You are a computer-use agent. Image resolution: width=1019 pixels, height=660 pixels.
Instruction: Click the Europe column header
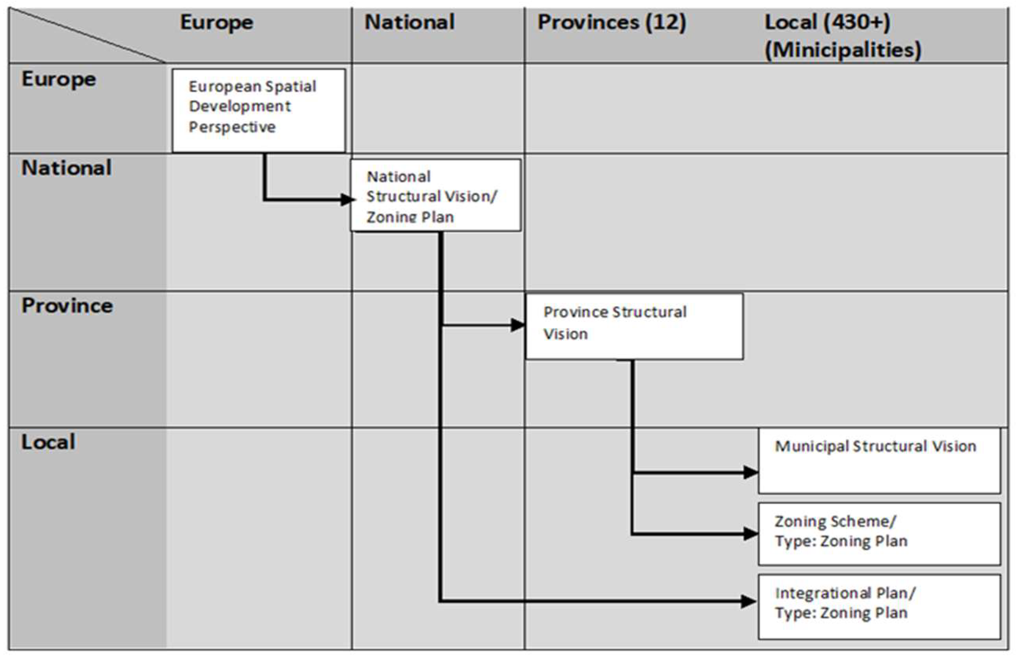(216, 22)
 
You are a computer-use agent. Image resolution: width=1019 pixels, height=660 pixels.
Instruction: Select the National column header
(409, 22)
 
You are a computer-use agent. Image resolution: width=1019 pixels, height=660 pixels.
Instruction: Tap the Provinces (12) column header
(612, 22)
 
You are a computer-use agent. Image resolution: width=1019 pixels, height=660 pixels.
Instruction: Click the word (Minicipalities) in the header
(843, 50)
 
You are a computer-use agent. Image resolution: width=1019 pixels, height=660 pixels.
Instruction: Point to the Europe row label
(59, 79)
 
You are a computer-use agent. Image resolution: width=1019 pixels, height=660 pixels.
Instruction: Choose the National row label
(66, 167)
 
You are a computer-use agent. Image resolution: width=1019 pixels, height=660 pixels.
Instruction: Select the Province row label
(67, 305)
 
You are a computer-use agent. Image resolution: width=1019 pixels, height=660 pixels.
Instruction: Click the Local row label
(48, 442)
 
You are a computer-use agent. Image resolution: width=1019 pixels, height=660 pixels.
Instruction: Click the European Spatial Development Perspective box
(259, 110)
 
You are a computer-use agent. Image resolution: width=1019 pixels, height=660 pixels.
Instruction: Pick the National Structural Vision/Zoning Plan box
(435, 196)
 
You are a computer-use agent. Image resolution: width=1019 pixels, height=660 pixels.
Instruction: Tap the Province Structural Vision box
(634, 326)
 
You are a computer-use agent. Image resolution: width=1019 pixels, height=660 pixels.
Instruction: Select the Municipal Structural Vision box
(879, 461)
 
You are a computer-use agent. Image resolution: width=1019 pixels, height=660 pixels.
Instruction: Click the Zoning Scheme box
(879, 533)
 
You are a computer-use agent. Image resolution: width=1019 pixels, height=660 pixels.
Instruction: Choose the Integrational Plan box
(879, 607)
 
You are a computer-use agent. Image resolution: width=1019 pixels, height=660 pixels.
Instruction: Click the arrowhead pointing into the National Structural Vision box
(347, 200)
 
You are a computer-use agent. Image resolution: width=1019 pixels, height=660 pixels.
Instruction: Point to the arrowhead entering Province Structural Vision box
(518, 325)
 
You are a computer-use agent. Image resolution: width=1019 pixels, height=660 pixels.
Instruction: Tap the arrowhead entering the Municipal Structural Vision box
(751, 472)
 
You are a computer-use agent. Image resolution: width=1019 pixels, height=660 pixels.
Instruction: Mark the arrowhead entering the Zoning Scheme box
(751, 533)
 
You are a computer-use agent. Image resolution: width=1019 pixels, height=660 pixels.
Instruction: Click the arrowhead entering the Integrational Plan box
(748, 601)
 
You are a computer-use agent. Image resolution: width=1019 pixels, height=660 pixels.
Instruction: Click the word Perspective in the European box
(232, 127)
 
